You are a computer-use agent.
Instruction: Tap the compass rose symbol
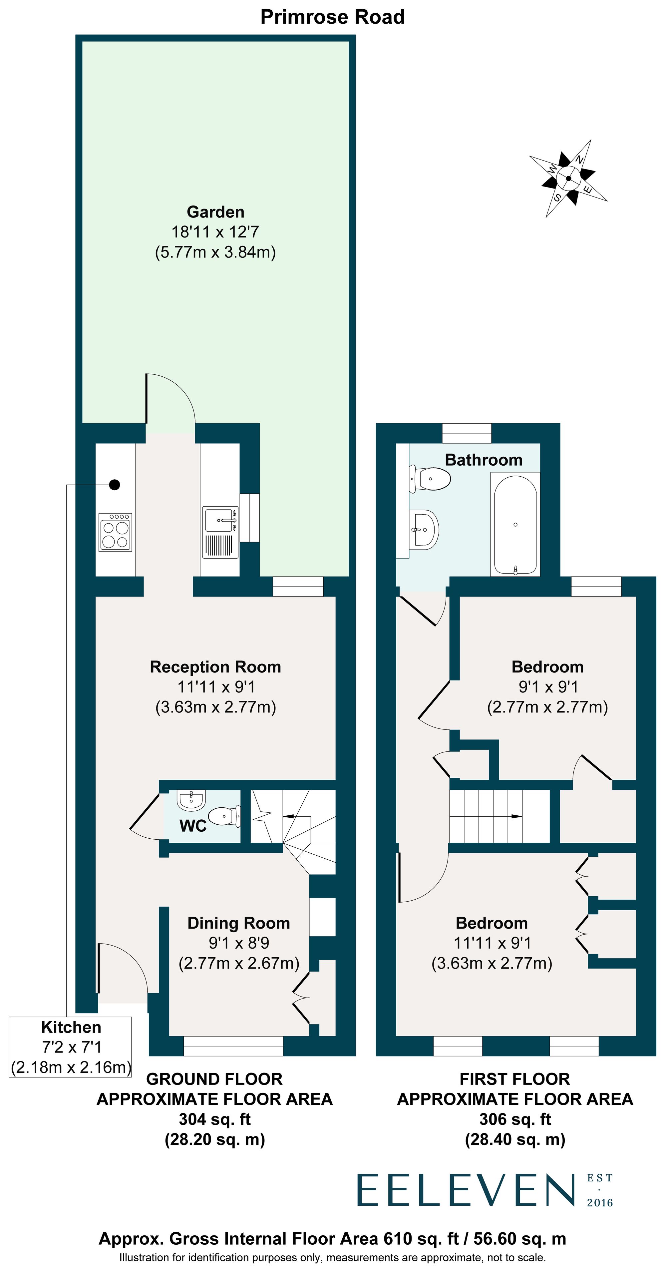tap(568, 179)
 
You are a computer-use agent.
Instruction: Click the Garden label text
tap(215, 212)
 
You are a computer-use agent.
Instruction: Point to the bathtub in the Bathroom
tap(515, 525)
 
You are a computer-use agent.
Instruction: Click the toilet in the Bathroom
tap(431, 479)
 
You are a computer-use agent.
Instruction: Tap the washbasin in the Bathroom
tap(424, 530)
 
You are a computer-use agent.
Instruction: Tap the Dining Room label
tap(239, 923)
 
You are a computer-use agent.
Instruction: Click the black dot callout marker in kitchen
tap(115, 485)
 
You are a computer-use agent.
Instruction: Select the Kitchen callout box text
tap(71, 1047)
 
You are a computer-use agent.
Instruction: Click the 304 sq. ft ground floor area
tap(214, 1119)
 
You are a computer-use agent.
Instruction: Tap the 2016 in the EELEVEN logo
tap(599, 1202)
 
